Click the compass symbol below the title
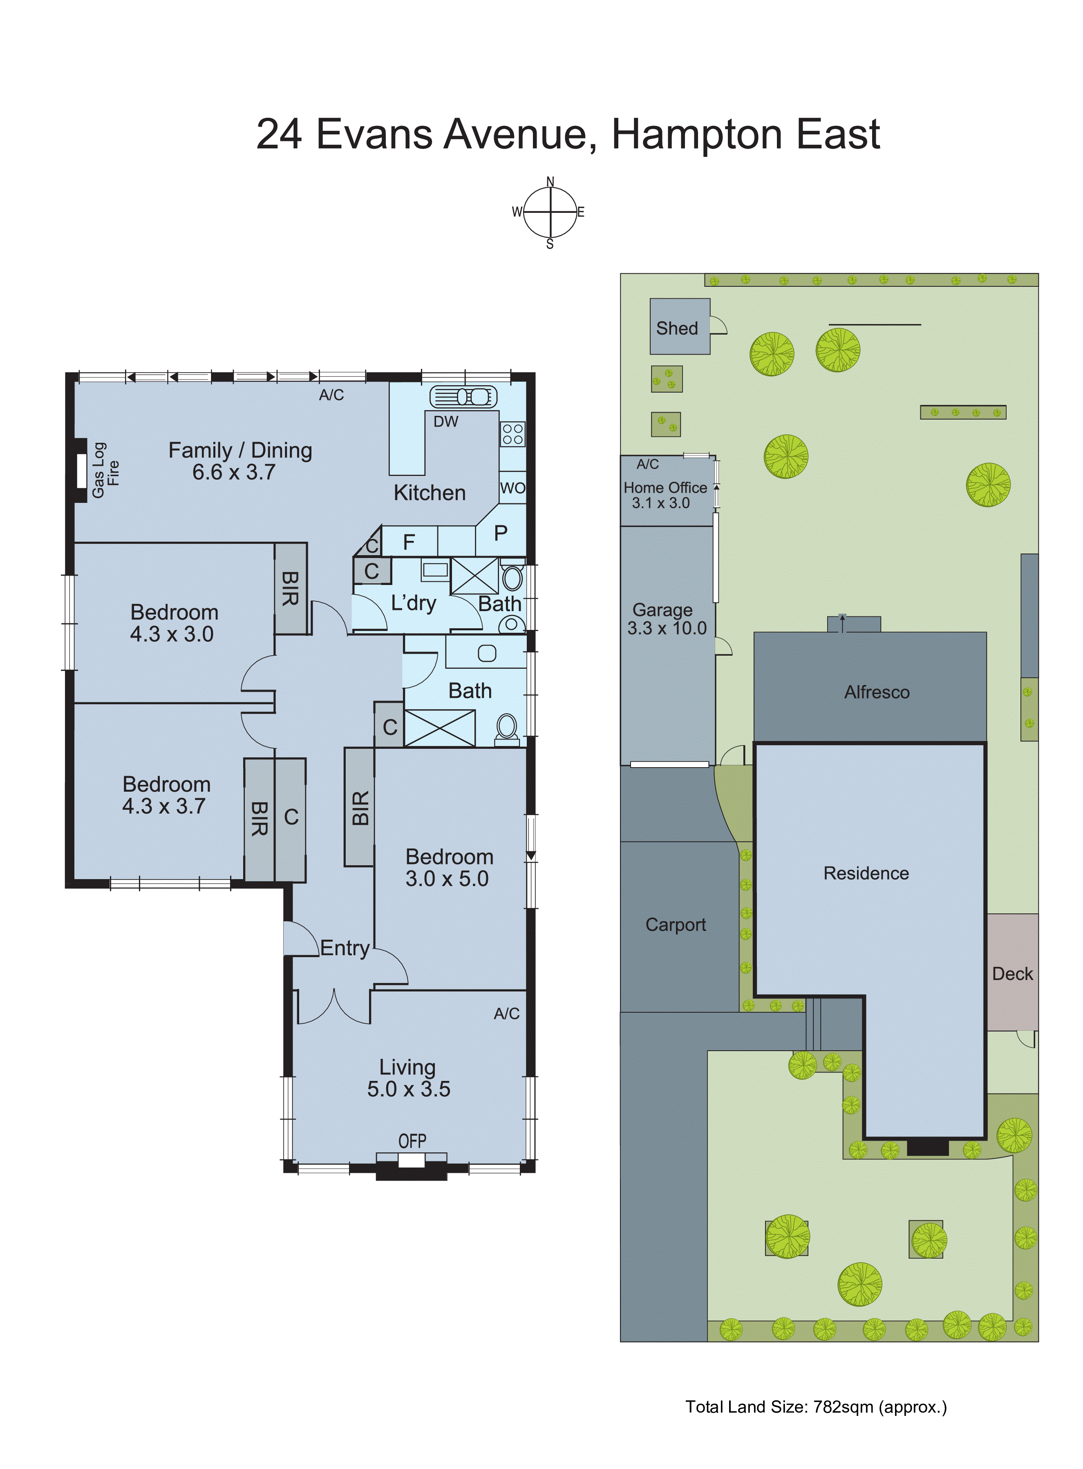[550, 212]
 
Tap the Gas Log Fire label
[105, 470]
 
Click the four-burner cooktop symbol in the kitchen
[512, 434]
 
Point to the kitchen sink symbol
[463, 396]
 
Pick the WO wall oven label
[512, 488]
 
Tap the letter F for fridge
[409, 543]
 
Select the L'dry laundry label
[413, 603]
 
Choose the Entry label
[345, 948]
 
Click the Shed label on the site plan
[677, 328]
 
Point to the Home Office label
[665, 488]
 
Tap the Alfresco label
[877, 692]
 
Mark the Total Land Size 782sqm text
[816, 1407]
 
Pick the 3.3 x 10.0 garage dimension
[667, 628]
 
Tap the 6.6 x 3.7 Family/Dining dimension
[233, 472]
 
